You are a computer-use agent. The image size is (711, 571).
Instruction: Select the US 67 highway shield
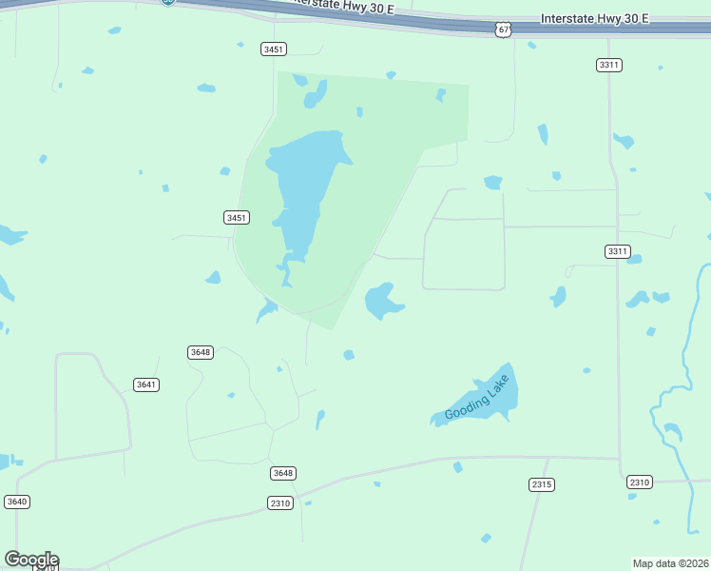[504, 30]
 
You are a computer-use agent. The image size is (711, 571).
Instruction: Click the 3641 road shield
[146, 384]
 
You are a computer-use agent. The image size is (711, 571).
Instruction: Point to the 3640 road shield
[17, 502]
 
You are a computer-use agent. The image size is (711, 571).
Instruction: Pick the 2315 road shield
[542, 484]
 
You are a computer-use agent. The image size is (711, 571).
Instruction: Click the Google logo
[31, 560]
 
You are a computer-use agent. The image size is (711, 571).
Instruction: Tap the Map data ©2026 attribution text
[671, 562]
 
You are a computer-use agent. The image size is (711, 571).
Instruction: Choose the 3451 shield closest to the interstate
[274, 49]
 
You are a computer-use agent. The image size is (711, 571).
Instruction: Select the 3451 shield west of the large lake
[237, 218]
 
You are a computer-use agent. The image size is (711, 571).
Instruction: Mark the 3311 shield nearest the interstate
[609, 65]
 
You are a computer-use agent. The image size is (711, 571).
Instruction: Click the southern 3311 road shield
[617, 251]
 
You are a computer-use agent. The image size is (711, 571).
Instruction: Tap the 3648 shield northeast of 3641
[201, 352]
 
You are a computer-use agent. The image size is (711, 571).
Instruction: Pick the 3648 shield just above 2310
[282, 473]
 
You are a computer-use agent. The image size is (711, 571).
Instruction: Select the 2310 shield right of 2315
[639, 482]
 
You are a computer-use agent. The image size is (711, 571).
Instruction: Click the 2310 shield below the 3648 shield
[279, 502]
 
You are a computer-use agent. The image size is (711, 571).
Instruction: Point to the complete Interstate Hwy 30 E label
[594, 18]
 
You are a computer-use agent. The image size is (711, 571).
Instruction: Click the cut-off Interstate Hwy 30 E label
[342, 7]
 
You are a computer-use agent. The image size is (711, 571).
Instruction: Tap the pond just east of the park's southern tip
[382, 301]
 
